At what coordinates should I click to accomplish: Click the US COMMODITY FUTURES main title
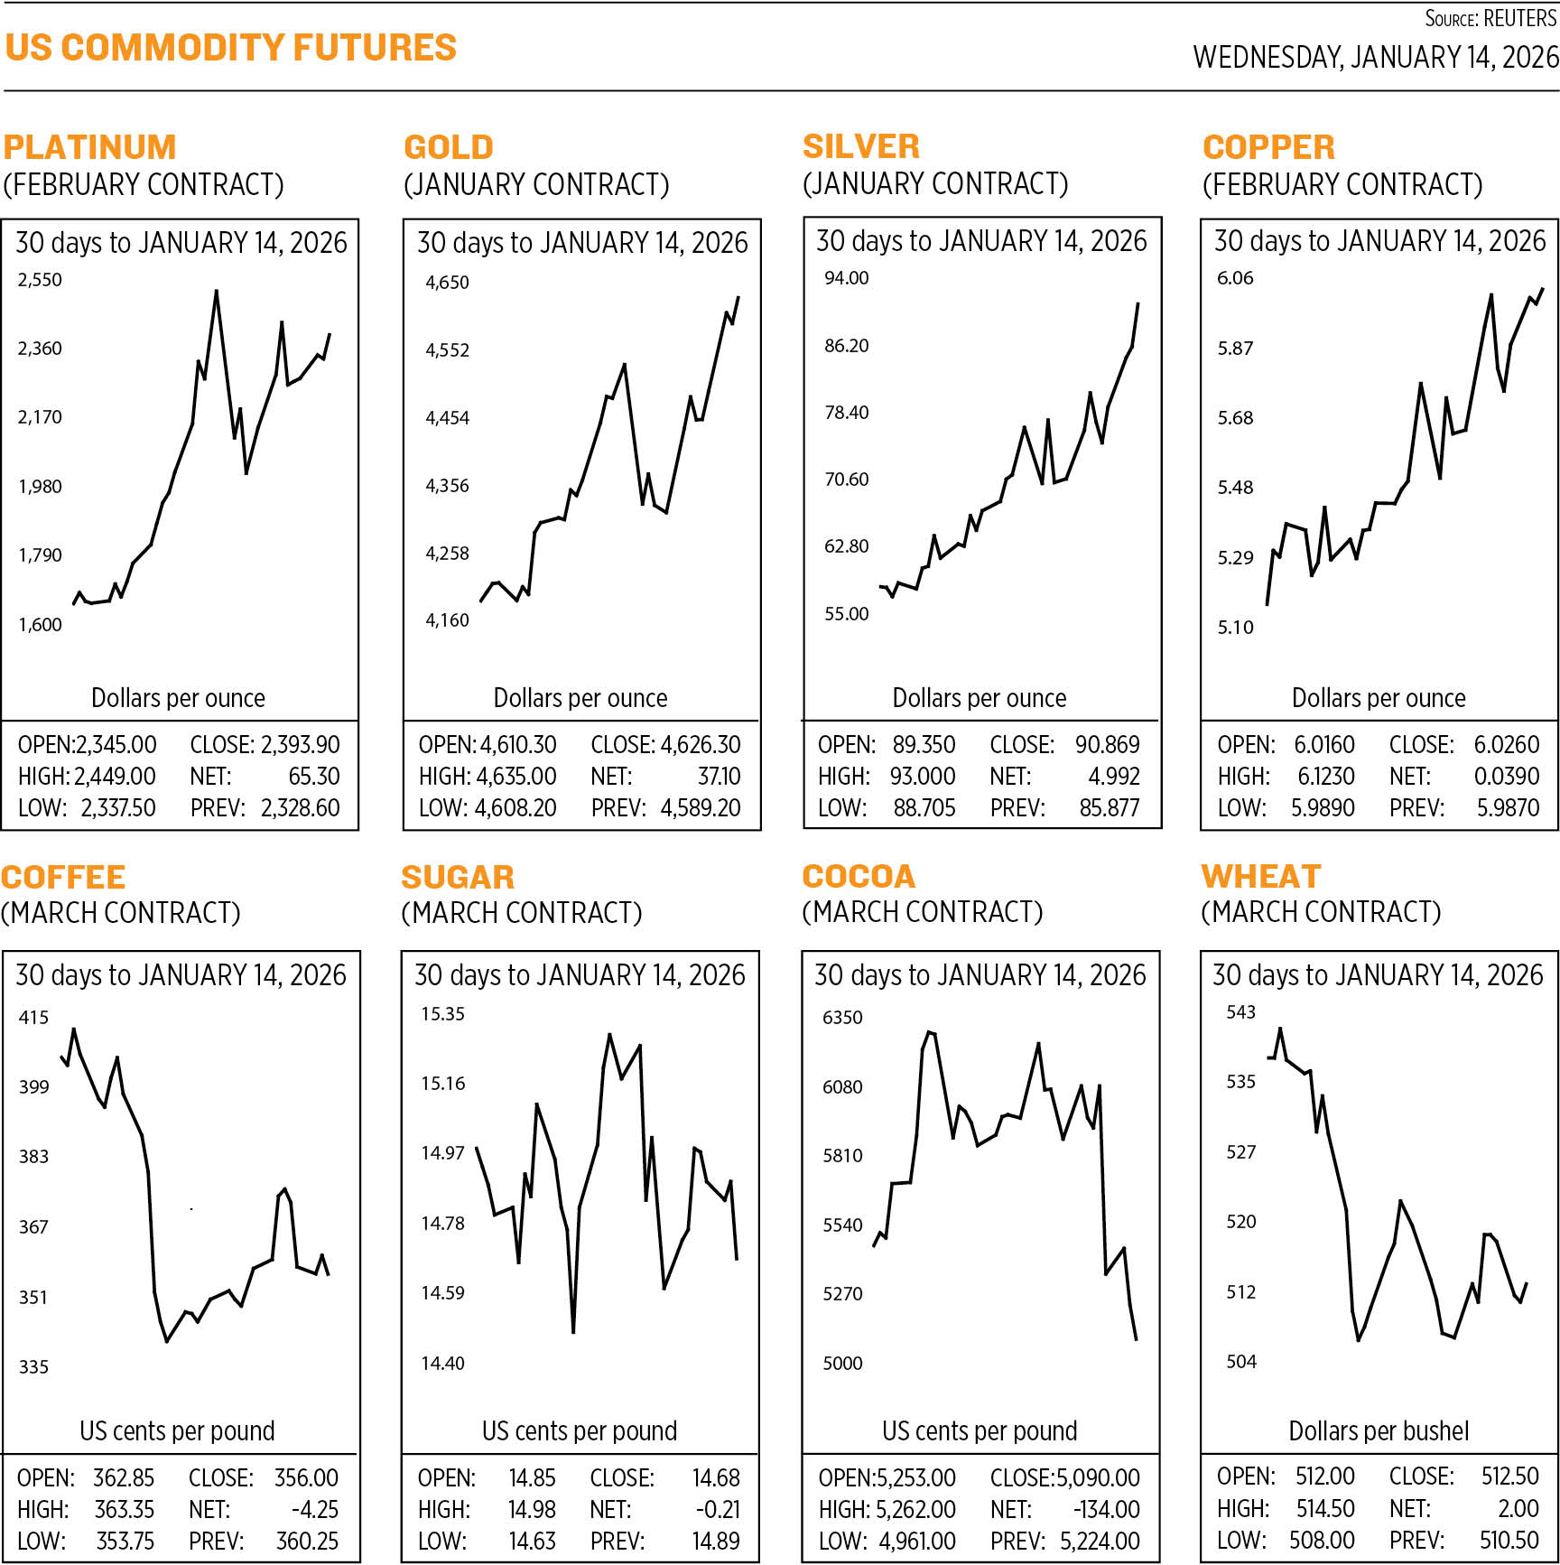click(x=231, y=48)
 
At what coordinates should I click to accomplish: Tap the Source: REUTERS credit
click(x=1490, y=18)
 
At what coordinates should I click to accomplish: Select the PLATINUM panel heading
click(x=89, y=147)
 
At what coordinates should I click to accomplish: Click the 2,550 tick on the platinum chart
click(x=41, y=280)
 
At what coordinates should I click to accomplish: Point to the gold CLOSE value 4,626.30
click(x=701, y=745)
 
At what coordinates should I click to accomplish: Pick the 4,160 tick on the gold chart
click(x=447, y=620)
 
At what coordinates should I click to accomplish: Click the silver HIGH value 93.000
click(x=924, y=776)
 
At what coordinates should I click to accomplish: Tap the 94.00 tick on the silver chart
click(x=846, y=278)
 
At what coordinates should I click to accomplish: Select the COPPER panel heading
click(x=1268, y=147)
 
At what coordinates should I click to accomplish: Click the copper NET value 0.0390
click(x=1506, y=776)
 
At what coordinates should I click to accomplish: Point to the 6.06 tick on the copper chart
click(x=1235, y=278)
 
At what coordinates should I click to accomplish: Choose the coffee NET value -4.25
click(x=314, y=1509)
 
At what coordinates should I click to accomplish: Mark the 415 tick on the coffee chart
click(x=33, y=1018)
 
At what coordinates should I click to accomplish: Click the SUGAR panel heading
click(x=458, y=877)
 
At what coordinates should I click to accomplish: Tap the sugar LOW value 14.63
click(x=532, y=1541)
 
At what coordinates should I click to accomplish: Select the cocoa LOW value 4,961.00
click(x=917, y=1541)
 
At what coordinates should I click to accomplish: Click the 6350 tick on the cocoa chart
click(x=842, y=1018)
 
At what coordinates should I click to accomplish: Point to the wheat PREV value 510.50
click(x=1509, y=1540)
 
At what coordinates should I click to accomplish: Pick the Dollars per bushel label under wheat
click(x=1379, y=1430)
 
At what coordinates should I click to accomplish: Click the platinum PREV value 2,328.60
click(x=300, y=807)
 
